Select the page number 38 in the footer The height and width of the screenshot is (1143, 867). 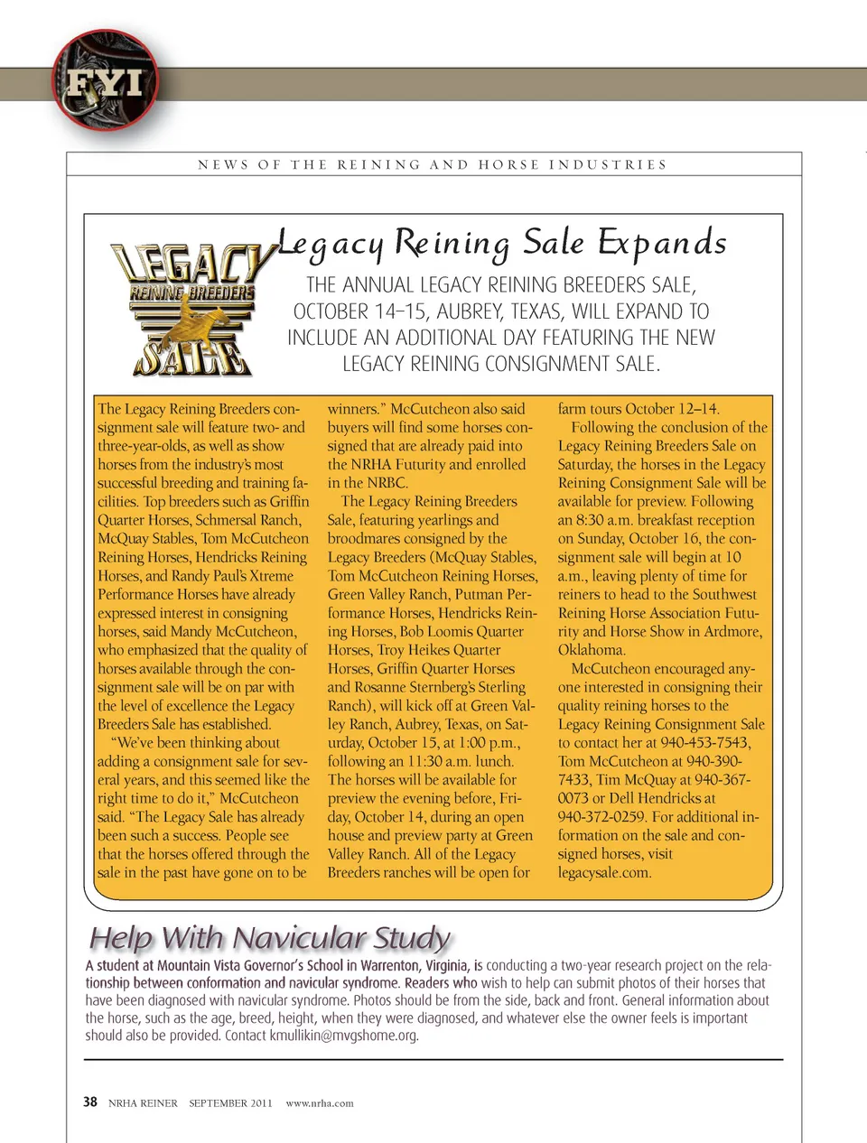pos(90,1101)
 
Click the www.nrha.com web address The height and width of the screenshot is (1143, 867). pos(320,1102)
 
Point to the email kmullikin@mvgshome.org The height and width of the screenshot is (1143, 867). pos(343,1036)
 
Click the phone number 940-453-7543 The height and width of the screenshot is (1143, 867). pos(704,742)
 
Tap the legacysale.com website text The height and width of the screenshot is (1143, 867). pos(604,872)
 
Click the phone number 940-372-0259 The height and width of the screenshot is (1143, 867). pos(601,816)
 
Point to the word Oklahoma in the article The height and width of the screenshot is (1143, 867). pos(591,649)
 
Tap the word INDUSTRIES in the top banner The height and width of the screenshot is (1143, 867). pos(608,165)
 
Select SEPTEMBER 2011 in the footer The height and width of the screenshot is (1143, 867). pos(230,1102)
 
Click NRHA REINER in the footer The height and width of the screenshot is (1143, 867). pos(143,1102)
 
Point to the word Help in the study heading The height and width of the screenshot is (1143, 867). pos(122,938)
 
